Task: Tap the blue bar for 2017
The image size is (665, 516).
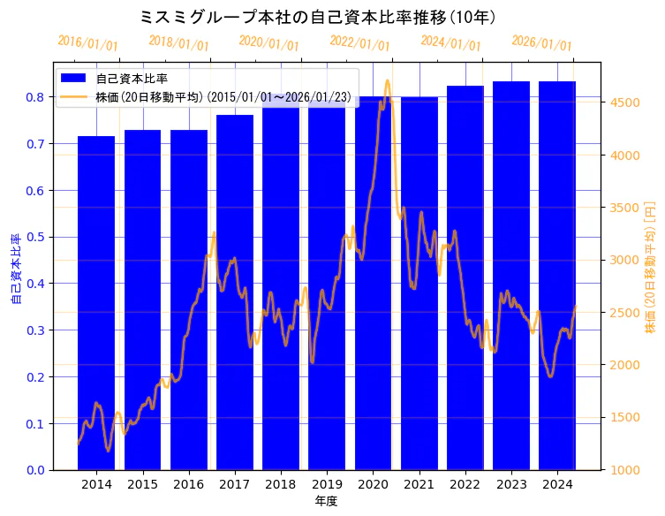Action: coord(235,292)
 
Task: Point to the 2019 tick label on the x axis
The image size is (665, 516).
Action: coord(327,485)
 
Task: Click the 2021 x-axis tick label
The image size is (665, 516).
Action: coord(419,485)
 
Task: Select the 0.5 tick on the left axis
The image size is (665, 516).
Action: coord(35,237)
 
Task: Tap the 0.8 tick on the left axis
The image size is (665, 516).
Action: coord(35,97)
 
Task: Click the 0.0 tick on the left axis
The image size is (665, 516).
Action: coord(35,470)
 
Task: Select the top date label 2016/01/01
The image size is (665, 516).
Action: coord(87,43)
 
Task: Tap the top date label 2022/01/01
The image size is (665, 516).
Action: coord(359,42)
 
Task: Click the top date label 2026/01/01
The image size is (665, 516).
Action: coord(541,43)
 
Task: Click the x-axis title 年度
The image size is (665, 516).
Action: coord(326,501)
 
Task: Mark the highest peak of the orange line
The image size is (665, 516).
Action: coord(387,81)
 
